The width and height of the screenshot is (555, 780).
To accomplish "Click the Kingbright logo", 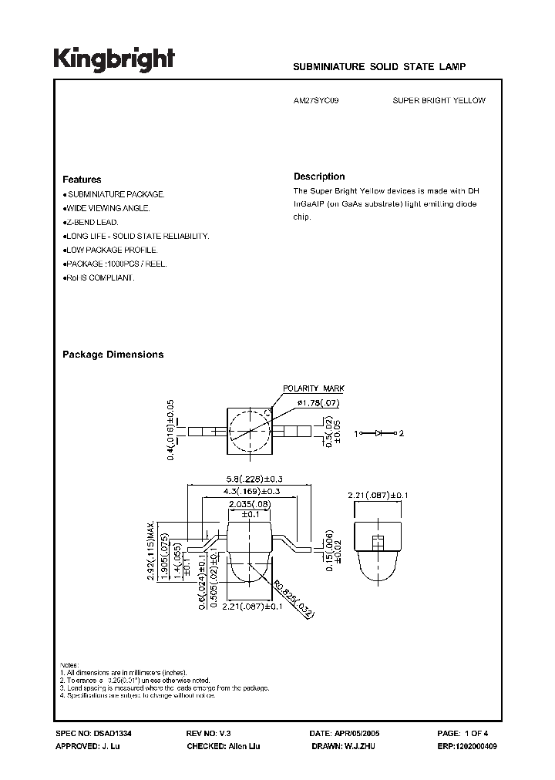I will click(x=114, y=59).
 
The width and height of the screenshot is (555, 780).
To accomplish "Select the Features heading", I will click(x=82, y=179).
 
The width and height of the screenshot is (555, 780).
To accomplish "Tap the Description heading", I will click(x=319, y=177).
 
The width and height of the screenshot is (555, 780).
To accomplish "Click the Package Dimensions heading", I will click(x=113, y=355).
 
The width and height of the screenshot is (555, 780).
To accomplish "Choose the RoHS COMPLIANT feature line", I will click(x=99, y=277).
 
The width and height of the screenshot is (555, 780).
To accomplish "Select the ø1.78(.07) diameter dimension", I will click(x=316, y=403).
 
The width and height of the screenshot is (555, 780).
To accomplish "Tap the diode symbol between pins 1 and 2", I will click(x=378, y=433).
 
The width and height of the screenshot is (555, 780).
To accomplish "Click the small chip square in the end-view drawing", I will click(x=378, y=540).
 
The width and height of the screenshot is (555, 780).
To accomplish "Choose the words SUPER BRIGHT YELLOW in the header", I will click(x=439, y=100).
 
